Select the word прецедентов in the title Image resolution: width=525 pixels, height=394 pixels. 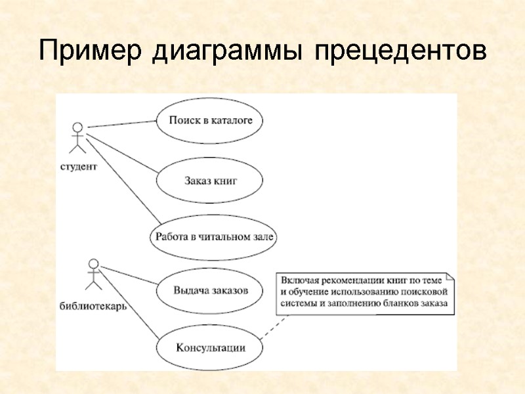pyautogui.click(x=401, y=51)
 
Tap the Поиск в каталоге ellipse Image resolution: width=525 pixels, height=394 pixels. pyautogui.click(x=211, y=120)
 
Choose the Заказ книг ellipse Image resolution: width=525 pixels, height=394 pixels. pyautogui.click(x=211, y=179)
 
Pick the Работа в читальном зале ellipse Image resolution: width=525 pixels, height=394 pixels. pyautogui.click(x=214, y=237)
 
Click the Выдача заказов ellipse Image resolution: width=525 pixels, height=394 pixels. pyautogui.click(x=211, y=291)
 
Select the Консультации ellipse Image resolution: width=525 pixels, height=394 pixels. pyautogui.click(x=210, y=347)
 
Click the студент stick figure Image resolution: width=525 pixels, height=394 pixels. pyautogui.click(x=78, y=139)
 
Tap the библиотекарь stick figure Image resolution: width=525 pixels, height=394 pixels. pyautogui.click(x=93, y=274)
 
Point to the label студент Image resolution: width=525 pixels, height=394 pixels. pyautogui.click(x=79, y=167)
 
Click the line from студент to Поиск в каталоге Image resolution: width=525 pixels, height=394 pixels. pyautogui.click(x=121, y=123)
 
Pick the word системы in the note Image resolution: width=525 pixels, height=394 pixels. pyautogui.click(x=299, y=303)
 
